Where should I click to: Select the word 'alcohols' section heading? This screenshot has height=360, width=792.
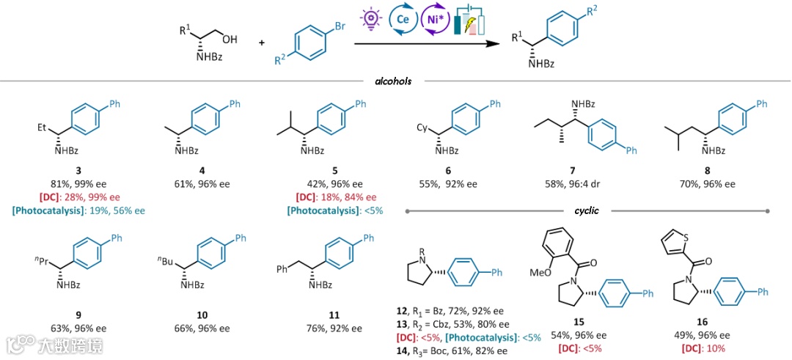tap(392, 82)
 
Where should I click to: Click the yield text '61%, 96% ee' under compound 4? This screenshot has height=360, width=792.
tap(202, 184)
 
